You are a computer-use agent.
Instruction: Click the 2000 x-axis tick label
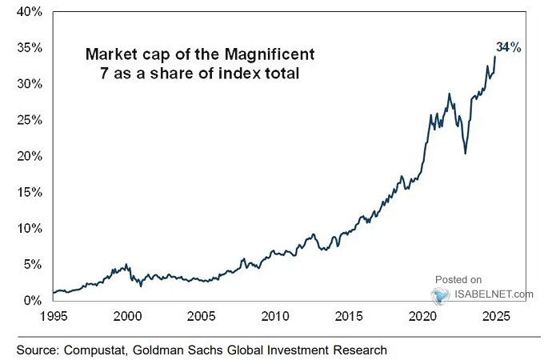click(128, 316)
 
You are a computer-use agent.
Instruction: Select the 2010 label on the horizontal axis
click(276, 316)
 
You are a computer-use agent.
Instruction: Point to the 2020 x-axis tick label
click(424, 316)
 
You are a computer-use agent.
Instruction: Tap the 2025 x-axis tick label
click(498, 316)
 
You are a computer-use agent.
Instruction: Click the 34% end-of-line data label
click(510, 48)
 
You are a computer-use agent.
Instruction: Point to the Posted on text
click(458, 279)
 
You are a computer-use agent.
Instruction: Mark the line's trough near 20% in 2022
click(465, 154)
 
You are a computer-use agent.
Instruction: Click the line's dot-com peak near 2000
click(125, 264)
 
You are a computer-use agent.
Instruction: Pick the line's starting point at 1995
click(53, 293)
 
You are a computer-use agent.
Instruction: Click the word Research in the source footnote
click(360, 350)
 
